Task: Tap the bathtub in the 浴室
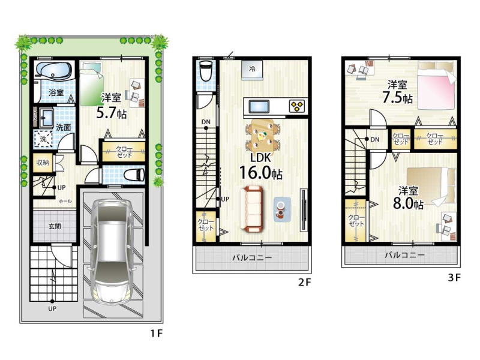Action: click(x=54, y=70)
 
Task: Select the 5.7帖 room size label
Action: click(x=111, y=113)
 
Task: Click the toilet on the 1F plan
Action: click(x=134, y=175)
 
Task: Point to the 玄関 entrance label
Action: click(x=55, y=227)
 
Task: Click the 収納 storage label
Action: click(x=43, y=162)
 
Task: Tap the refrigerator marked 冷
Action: click(x=252, y=70)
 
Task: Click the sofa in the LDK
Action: click(x=251, y=209)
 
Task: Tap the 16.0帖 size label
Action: click(x=260, y=172)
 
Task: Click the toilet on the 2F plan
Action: click(x=206, y=71)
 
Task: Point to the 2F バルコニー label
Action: click(x=251, y=257)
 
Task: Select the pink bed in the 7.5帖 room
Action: click(x=437, y=89)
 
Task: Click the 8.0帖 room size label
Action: click(x=408, y=203)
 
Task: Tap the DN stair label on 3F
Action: click(x=374, y=140)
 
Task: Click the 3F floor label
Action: click(x=454, y=277)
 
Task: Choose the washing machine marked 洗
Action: click(x=43, y=139)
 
